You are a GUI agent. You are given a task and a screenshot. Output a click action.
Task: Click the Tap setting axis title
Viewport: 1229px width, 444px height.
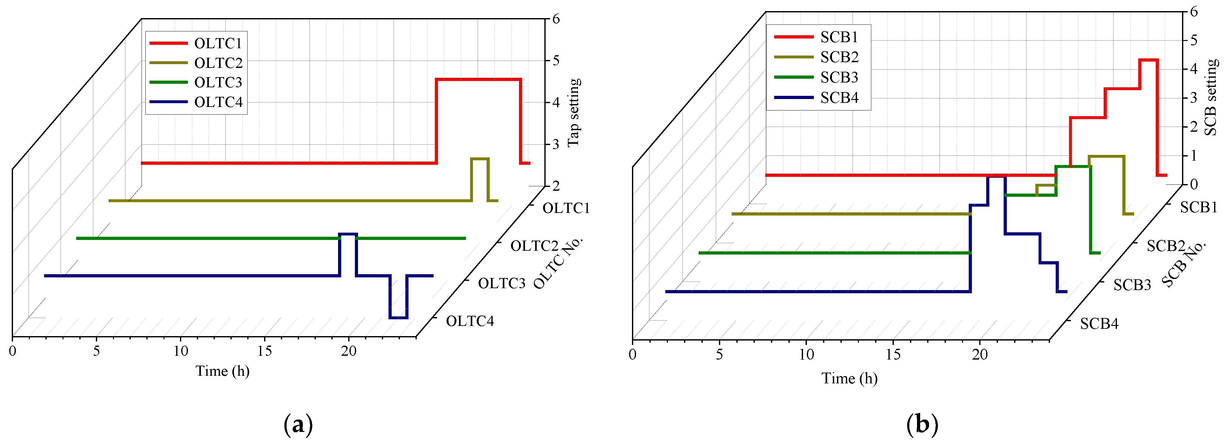click(574, 113)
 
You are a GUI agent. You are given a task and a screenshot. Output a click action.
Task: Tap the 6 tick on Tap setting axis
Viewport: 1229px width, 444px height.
click(556, 19)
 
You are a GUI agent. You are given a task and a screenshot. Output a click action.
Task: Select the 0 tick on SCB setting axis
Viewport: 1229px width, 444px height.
click(1194, 184)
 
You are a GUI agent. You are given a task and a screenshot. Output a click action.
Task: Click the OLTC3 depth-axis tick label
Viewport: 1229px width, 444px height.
click(502, 283)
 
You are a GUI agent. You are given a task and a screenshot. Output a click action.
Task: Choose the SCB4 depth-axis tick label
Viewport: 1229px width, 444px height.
click(1099, 324)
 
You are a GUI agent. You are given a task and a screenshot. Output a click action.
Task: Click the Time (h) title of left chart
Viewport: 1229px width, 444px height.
click(222, 371)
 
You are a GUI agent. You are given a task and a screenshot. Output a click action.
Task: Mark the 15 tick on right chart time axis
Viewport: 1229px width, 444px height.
click(893, 354)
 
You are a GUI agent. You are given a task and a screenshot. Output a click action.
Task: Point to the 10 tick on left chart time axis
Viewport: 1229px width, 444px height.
click(180, 351)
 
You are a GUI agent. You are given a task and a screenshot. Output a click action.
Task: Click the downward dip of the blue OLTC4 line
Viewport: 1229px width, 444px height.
click(398, 317)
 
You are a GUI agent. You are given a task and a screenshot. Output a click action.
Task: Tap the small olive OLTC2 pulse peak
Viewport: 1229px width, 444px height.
click(480, 159)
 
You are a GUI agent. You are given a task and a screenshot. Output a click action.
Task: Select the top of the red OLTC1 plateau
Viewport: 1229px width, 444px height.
click(478, 79)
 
